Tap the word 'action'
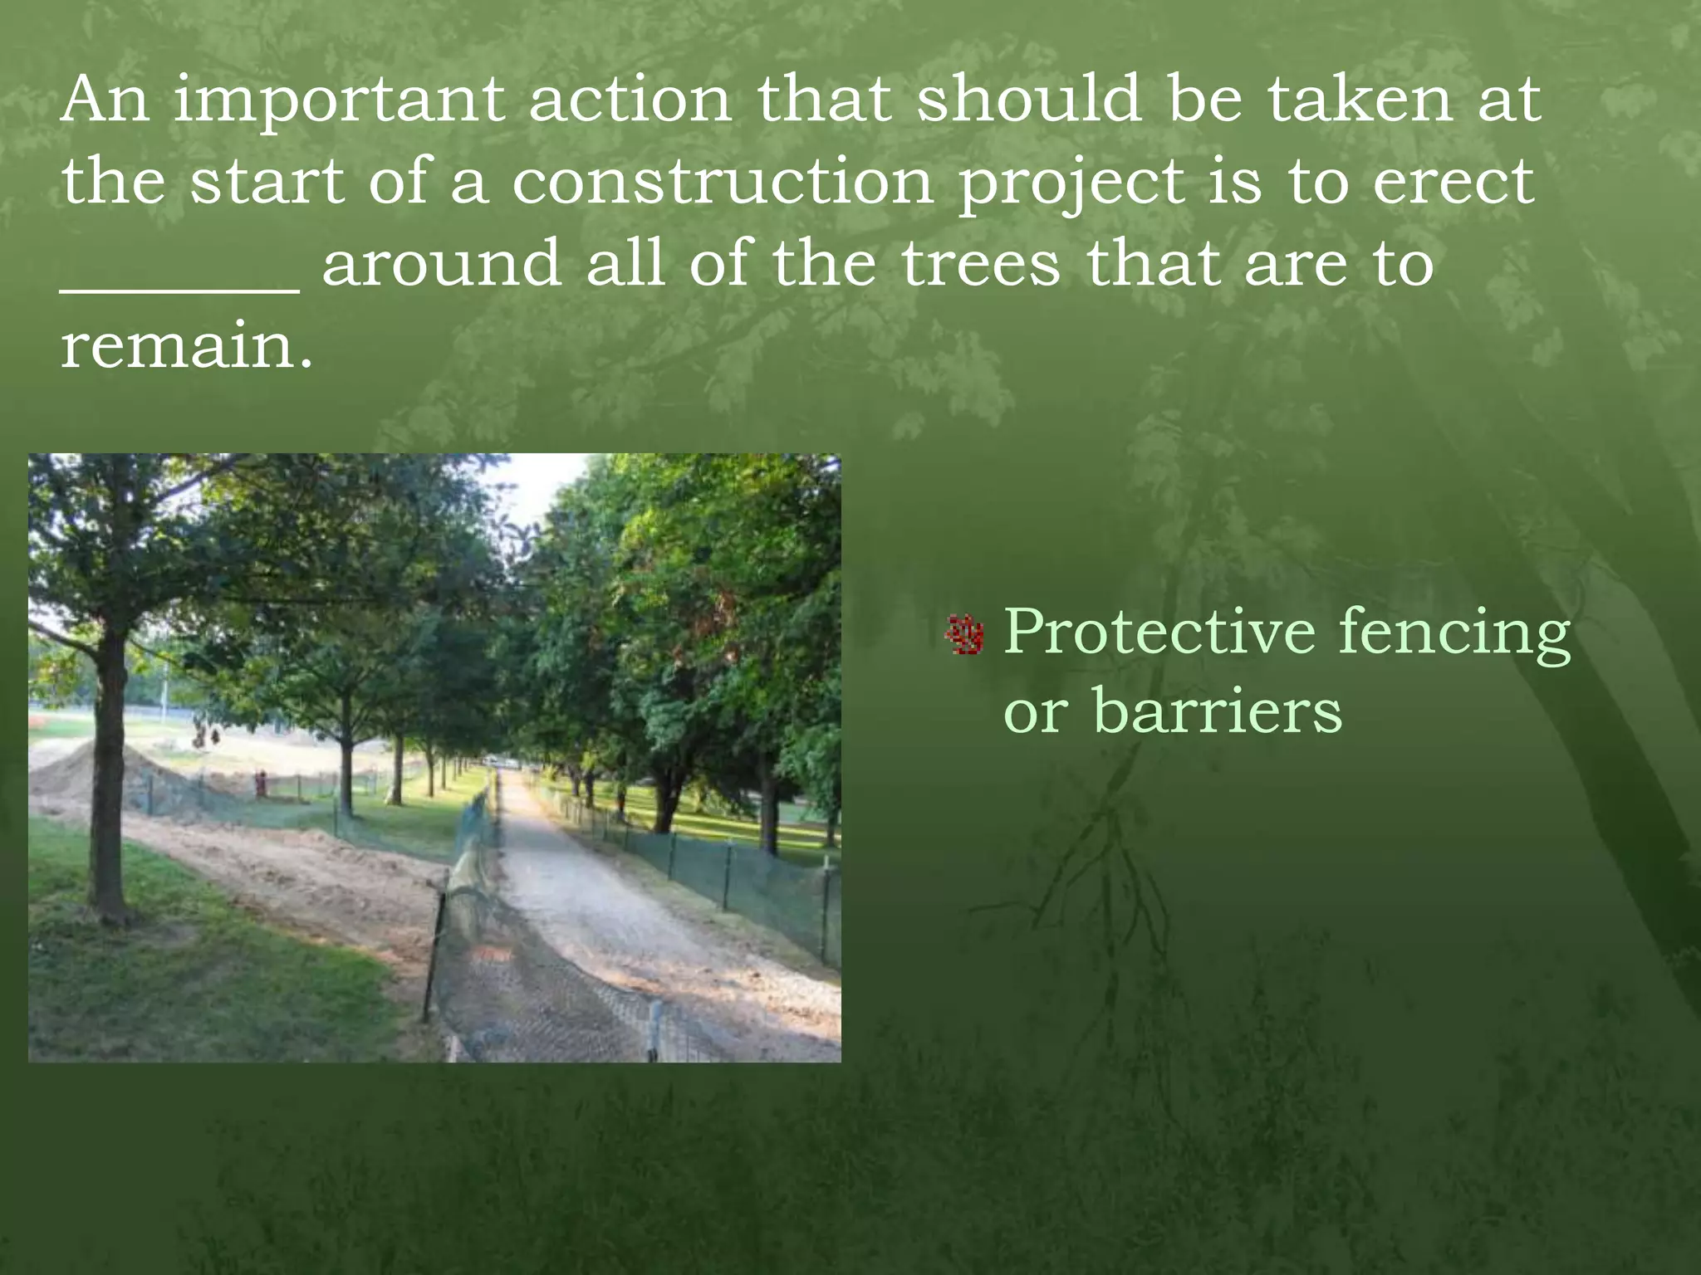pyautogui.click(x=630, y=100)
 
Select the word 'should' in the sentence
pyautogui.click(x=1027, y=100)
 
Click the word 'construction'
pyautogui.click(x=722, y=182)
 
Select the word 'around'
pyautogui.click(x=440, y=264)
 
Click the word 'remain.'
pyautogui.click(x=187, y=346)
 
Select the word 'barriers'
pyautogui.click(x=1218, y=711)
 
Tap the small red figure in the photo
pyautogui.click(x=261, y=782)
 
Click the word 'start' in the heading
pyautogui.click(x=267, y=182)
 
